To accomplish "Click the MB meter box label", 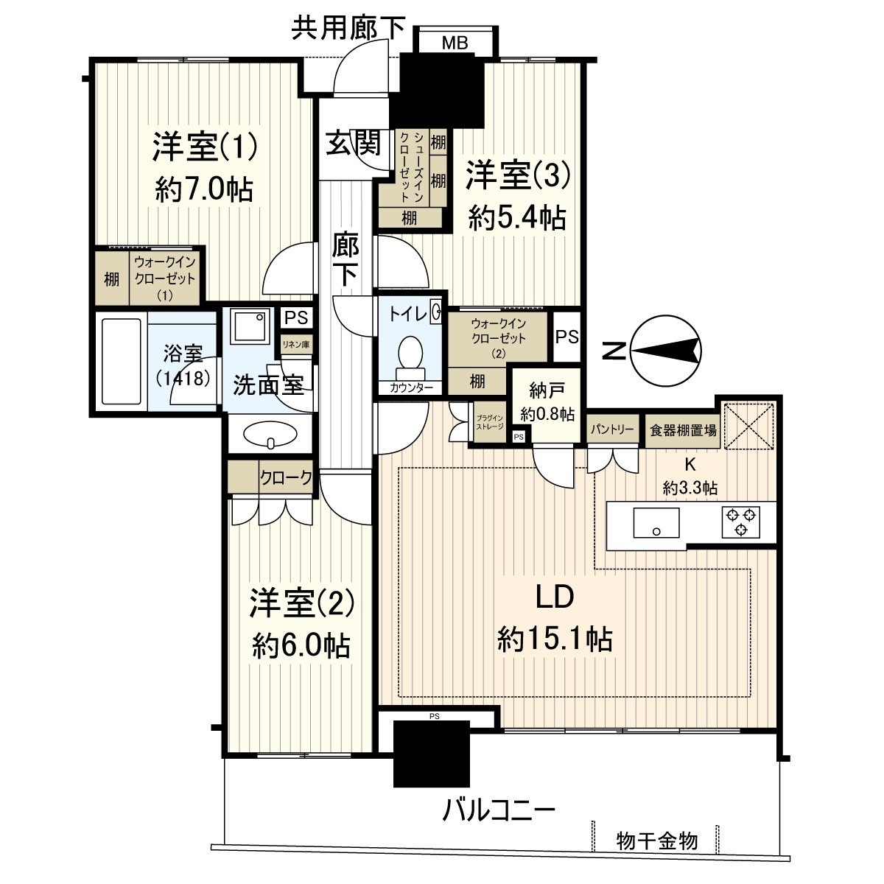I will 455,43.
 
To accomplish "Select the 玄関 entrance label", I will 354,143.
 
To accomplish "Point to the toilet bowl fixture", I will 410,351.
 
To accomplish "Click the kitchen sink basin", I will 656,523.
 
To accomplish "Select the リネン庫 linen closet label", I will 295,343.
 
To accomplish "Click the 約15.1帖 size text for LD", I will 555,639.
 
